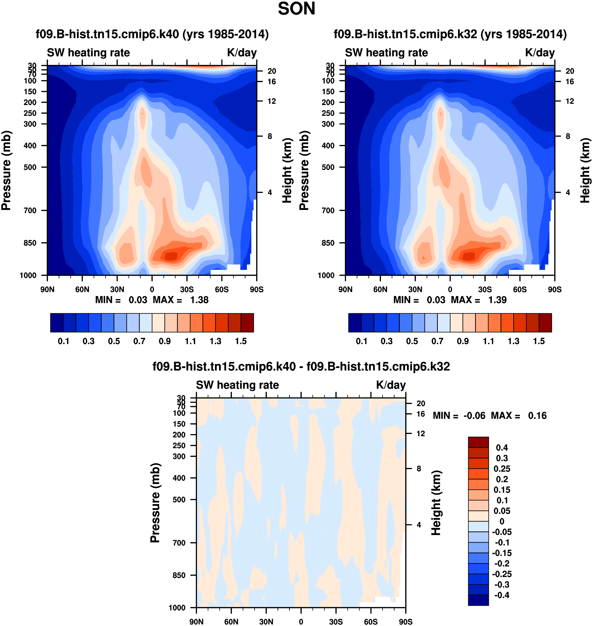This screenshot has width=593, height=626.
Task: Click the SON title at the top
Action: [x=296, y=9]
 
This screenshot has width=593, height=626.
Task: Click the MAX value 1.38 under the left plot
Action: [x=199, y=300]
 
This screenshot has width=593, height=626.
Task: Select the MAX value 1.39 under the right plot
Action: [x=497, y=300]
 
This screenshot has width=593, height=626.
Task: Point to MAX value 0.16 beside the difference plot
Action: [x=537, y=416]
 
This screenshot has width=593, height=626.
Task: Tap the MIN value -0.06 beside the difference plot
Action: [x=474, y=416]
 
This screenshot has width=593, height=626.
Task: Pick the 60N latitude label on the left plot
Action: [x=82, y=289]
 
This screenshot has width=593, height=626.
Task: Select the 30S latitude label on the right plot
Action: [x=485, y=289]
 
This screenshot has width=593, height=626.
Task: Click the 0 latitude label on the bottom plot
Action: [x=301, y=622]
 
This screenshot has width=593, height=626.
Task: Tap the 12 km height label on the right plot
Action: [x=570, y=101]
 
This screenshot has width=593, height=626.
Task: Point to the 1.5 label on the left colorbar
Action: [x=241, y=341]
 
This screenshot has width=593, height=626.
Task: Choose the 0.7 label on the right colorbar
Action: [x=438, y=341]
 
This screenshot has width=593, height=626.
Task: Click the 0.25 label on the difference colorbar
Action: [x=502, y=469]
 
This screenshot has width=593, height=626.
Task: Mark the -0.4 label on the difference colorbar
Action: [x=502, y=595]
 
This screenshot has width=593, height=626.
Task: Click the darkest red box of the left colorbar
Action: [x=247, y=323]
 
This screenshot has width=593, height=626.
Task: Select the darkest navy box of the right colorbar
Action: [x=355, y=323]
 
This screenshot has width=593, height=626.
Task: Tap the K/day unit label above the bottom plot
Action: [x=391, y=385]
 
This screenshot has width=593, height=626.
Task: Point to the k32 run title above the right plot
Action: [x=450, y=34]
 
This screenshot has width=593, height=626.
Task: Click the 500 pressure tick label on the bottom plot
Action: [x=179, y=500]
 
